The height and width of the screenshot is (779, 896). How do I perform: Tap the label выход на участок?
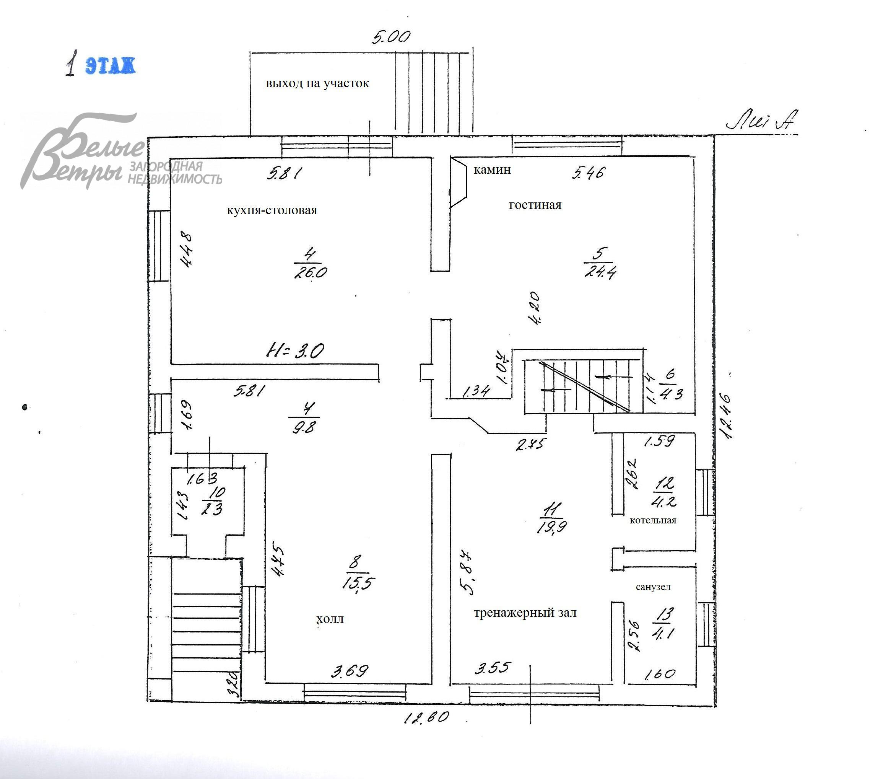[x=317, y=83]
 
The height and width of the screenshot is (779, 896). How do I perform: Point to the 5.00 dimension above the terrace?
[x=391, y=37]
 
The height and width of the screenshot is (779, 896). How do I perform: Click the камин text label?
[x=492, y=169]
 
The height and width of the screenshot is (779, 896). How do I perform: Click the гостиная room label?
[x=535, y=205]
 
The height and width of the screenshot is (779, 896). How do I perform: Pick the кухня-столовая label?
[x=272, y=210]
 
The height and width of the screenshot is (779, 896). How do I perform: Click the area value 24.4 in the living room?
[x=600, y=272]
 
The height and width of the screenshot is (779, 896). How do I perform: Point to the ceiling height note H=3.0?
[x=296, y=350]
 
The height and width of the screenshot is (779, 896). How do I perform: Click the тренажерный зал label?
[x=525, y=613]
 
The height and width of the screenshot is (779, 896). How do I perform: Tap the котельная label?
[x=653, y=520]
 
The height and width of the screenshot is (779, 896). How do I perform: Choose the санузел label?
[x=653, y=587]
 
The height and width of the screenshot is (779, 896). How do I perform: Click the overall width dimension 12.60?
[x=426, y=718]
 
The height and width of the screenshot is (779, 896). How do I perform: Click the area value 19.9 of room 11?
[x=552, y=527]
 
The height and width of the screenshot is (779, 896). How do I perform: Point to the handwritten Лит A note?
[x=761, y=121]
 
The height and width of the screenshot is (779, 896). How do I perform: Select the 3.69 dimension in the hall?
[x=350, y=671]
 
